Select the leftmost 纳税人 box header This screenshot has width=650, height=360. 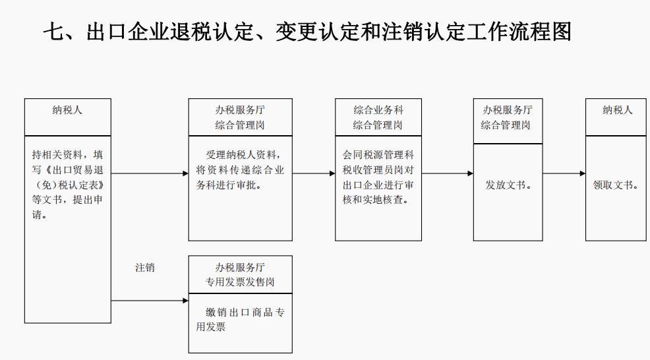click(x=67, y=111)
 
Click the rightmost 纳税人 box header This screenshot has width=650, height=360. click(x=617, y=111)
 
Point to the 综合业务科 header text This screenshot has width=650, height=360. click(x=378, y=110)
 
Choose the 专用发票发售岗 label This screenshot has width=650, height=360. click(x=240, y=282)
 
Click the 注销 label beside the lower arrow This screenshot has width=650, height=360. click(x=145, y=268)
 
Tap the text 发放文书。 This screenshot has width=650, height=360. click(x=508, y=185)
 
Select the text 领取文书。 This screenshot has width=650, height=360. click(x=616, y=185)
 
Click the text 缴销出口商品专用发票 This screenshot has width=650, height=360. click(x=240, y=319)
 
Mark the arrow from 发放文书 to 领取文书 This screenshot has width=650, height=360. click(x=564, y=173)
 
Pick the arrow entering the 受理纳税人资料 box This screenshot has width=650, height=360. click(x=150, y=173)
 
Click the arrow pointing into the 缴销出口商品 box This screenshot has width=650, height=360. click(x=150, y=301)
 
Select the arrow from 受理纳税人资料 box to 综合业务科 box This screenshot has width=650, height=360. click(x=314, y=173)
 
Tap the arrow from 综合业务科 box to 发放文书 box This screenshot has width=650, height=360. click(x=448, y=173)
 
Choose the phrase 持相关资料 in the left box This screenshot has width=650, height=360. click(x=58, y=155)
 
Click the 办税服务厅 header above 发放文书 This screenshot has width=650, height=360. click(x=508, y=110)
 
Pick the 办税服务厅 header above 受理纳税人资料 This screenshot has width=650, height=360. click(x=240, y=110)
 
